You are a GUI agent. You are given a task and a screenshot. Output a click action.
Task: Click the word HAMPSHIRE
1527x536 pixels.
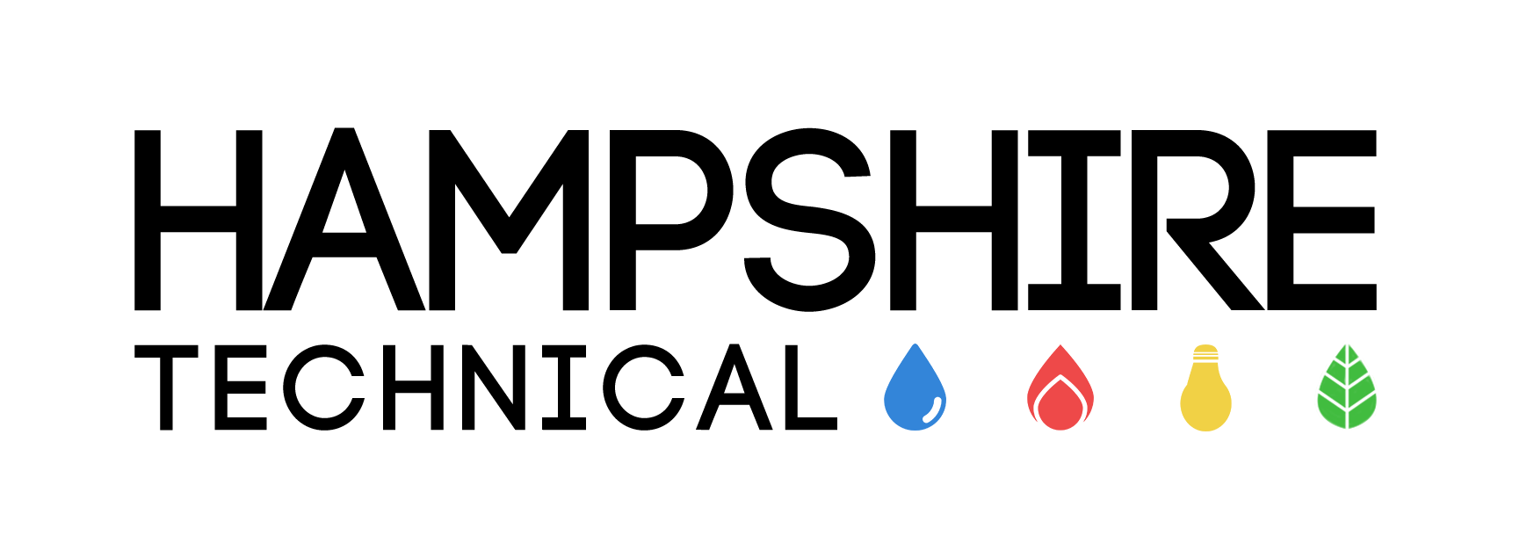(x=755, y=220)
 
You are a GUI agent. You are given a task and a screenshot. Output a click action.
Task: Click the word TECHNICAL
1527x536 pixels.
(x=485, y=387)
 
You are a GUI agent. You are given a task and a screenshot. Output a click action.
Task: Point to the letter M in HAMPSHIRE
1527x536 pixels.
(x=509, y=220)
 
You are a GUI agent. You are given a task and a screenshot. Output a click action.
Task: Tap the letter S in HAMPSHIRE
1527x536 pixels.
(x=809, y=220)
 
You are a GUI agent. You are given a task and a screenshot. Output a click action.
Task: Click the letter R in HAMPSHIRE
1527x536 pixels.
(x=1198, y=220)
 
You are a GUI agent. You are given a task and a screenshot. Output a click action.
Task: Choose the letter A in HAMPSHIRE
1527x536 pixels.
(x=344, y=220)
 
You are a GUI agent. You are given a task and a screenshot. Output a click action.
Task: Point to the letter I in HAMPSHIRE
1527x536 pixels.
(x=1074, y=220)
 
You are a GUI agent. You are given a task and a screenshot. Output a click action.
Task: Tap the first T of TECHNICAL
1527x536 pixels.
(x=167, y=387)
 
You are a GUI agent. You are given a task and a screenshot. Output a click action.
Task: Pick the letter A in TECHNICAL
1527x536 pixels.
(x=734, y=388)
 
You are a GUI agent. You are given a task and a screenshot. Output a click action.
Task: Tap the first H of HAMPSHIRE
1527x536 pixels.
(x=199, y=220)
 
